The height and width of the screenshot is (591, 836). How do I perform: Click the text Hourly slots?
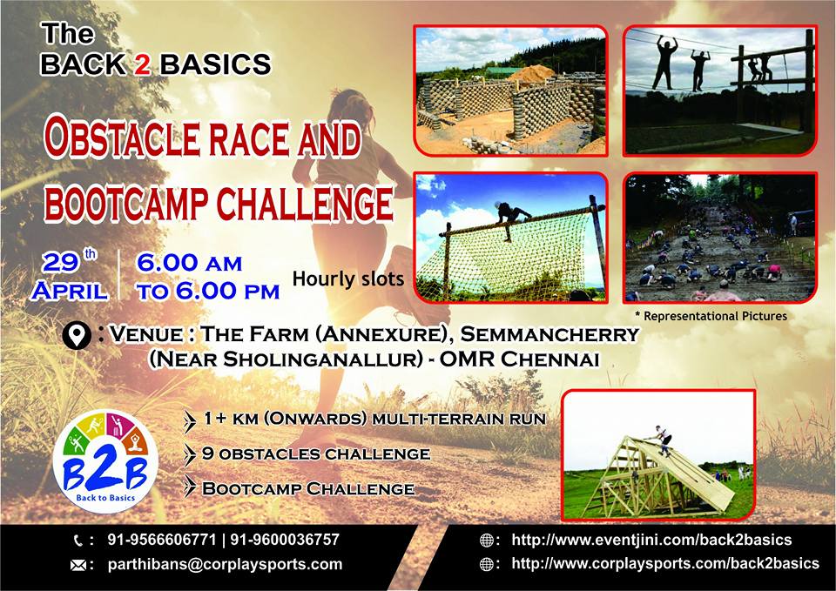(347, 279)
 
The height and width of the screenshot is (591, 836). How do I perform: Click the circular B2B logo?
(104, 460)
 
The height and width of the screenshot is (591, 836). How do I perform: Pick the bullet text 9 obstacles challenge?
(315, 453)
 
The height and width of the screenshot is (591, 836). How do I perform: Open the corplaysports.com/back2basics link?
(664, 564)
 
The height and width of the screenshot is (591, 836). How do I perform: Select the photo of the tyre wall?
(509, 90)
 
